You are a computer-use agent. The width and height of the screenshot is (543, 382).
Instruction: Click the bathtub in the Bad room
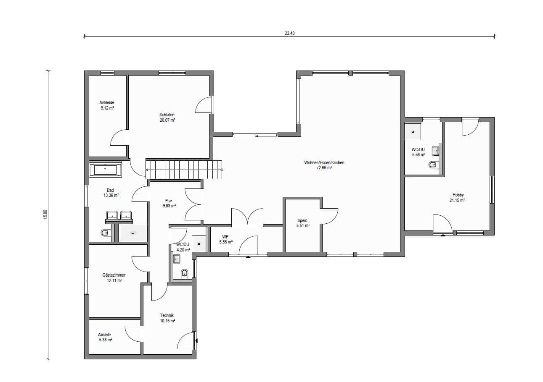tap(106, 169)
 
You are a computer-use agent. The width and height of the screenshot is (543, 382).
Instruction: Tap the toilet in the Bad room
tap(104, 233)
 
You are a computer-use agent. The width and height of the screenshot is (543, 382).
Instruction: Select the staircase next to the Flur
tap(184, 170)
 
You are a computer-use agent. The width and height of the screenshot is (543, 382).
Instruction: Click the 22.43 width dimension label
tap(290, 33)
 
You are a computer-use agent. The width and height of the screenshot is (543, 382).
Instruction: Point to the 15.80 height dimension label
tap(45, 215)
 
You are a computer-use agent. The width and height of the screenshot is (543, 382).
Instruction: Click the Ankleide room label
tap(107, 102)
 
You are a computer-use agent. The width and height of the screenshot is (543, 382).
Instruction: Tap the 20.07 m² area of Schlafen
tap(167, 120)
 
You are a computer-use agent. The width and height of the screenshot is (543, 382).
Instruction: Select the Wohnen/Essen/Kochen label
tap(324, 162)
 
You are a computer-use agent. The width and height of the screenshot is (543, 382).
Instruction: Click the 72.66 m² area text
tap(324, 167)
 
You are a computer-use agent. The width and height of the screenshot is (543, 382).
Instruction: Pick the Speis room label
tap(302, 220)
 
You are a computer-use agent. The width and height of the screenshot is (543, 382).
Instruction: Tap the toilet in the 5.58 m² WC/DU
tap(432, 165)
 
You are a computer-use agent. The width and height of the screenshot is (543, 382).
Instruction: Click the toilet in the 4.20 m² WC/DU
tap(185, 274)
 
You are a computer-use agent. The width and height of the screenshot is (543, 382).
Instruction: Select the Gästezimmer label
tap(114, 275)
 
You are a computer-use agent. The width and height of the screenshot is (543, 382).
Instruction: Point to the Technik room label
tap(167, 316)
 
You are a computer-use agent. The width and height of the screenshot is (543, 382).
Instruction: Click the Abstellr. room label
tap(105, 335)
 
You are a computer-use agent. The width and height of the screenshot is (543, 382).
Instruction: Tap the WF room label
tap(225, 237)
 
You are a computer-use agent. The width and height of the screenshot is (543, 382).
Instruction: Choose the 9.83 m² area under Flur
tap(169, 206)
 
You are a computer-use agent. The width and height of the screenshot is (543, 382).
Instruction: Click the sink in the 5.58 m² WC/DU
tap(436, 151)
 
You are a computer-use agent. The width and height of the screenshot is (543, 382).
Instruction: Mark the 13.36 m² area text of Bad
tap(111, 195)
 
